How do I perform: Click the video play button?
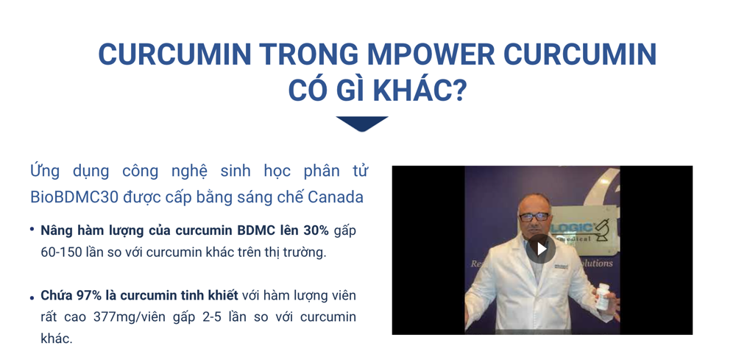click(541, 249)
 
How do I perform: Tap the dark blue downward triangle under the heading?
click(362, 124)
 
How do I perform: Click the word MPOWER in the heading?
click(431, 54)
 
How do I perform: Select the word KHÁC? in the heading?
click(420, 91)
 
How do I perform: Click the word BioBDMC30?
click(74, 197)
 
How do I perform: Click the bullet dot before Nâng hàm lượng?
click(32, 230)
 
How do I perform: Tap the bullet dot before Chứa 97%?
click(32, 298)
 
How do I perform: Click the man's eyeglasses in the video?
click(534, 216)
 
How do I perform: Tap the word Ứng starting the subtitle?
click(45, 170)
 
